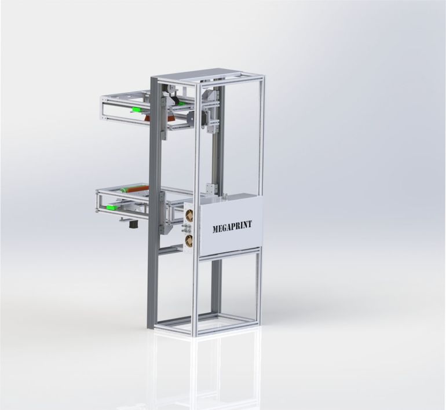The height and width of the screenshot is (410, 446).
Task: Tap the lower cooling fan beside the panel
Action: pyautogui.click(x=189, y=240)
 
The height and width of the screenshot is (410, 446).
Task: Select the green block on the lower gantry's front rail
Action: pyautogui.click(x=112, y=207)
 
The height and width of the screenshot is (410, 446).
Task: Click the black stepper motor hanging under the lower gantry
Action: pyautogui.click(x=131, y=224)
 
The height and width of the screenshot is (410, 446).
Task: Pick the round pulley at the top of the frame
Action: pyautogui.click(x=172, y=89)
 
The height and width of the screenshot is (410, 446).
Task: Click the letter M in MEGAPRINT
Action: pyautogui.click(x=215, y=229)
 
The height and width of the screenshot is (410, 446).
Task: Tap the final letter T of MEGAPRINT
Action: pyautogui.click(x=250, y=224)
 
